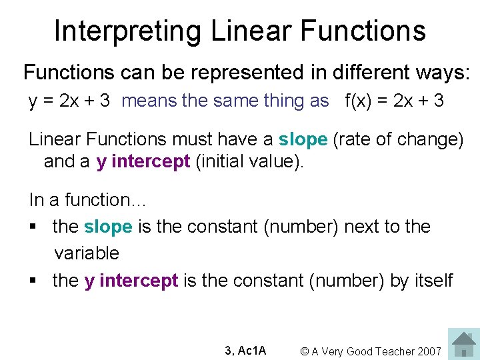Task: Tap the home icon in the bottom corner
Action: point(463,344)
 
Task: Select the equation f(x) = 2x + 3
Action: point(394,101)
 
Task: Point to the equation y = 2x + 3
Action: point(69,101)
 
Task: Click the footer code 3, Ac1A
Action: point(245,351)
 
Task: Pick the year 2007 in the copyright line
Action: point(427,351)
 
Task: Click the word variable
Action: point(87,253)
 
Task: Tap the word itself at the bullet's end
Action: point(433,281)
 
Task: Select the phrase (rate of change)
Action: point(397,139)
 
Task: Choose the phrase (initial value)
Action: point(249,162)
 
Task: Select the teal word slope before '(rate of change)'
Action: point(303,139)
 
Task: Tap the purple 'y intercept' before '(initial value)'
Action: point(143,162)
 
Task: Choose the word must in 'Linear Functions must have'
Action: point(189,139)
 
